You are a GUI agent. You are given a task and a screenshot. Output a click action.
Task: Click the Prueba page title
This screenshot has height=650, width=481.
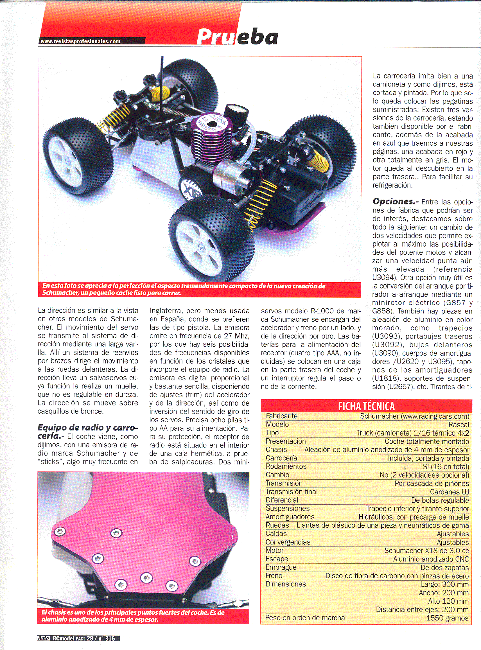237,37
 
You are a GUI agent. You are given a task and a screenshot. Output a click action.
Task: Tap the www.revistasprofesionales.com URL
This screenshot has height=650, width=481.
80,41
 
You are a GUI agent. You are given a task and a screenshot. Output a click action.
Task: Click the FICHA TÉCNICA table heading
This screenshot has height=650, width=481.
366,406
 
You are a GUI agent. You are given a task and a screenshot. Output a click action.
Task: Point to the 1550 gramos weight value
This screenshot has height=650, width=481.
447,618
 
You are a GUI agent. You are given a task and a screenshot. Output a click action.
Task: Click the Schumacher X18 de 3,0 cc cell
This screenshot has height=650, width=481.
426,550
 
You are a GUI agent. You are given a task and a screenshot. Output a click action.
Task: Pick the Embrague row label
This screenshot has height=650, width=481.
281,567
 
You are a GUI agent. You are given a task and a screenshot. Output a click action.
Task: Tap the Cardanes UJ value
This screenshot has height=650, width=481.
449,492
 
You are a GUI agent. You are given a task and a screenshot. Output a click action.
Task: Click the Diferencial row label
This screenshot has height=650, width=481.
282,500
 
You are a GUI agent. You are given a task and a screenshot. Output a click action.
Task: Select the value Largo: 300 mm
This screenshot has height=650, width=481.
445,584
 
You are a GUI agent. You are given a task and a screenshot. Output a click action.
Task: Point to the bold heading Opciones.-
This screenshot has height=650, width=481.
395,202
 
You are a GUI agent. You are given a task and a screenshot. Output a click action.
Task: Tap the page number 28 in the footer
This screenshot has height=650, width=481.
90,638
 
